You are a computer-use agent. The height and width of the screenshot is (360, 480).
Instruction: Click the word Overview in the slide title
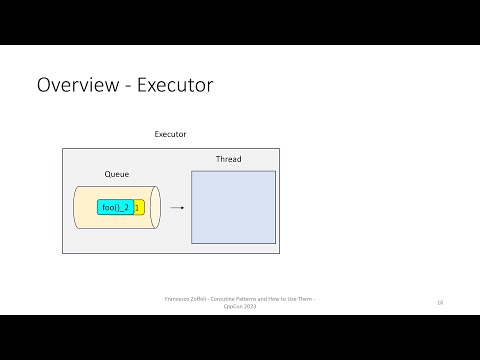click(75, 85)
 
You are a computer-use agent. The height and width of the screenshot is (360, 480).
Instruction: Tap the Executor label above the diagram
click(170, 134)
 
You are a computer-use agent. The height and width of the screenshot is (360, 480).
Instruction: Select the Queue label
click(117, 174)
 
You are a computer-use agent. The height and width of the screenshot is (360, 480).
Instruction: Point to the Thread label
click(228, 159)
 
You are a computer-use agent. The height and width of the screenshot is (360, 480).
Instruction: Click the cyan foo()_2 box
click(114, 208)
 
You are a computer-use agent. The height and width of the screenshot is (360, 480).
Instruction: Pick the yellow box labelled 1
click(137, 208)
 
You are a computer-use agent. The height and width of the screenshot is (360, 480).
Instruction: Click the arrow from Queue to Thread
click(177, 208)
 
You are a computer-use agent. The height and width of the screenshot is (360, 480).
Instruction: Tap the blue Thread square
click(233, 208)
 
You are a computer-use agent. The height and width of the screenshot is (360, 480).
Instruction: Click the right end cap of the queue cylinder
click(155, 208)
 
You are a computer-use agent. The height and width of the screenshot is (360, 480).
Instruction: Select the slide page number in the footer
click(439, 301)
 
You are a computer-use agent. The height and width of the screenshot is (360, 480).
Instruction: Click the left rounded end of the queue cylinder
click(78, 208)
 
